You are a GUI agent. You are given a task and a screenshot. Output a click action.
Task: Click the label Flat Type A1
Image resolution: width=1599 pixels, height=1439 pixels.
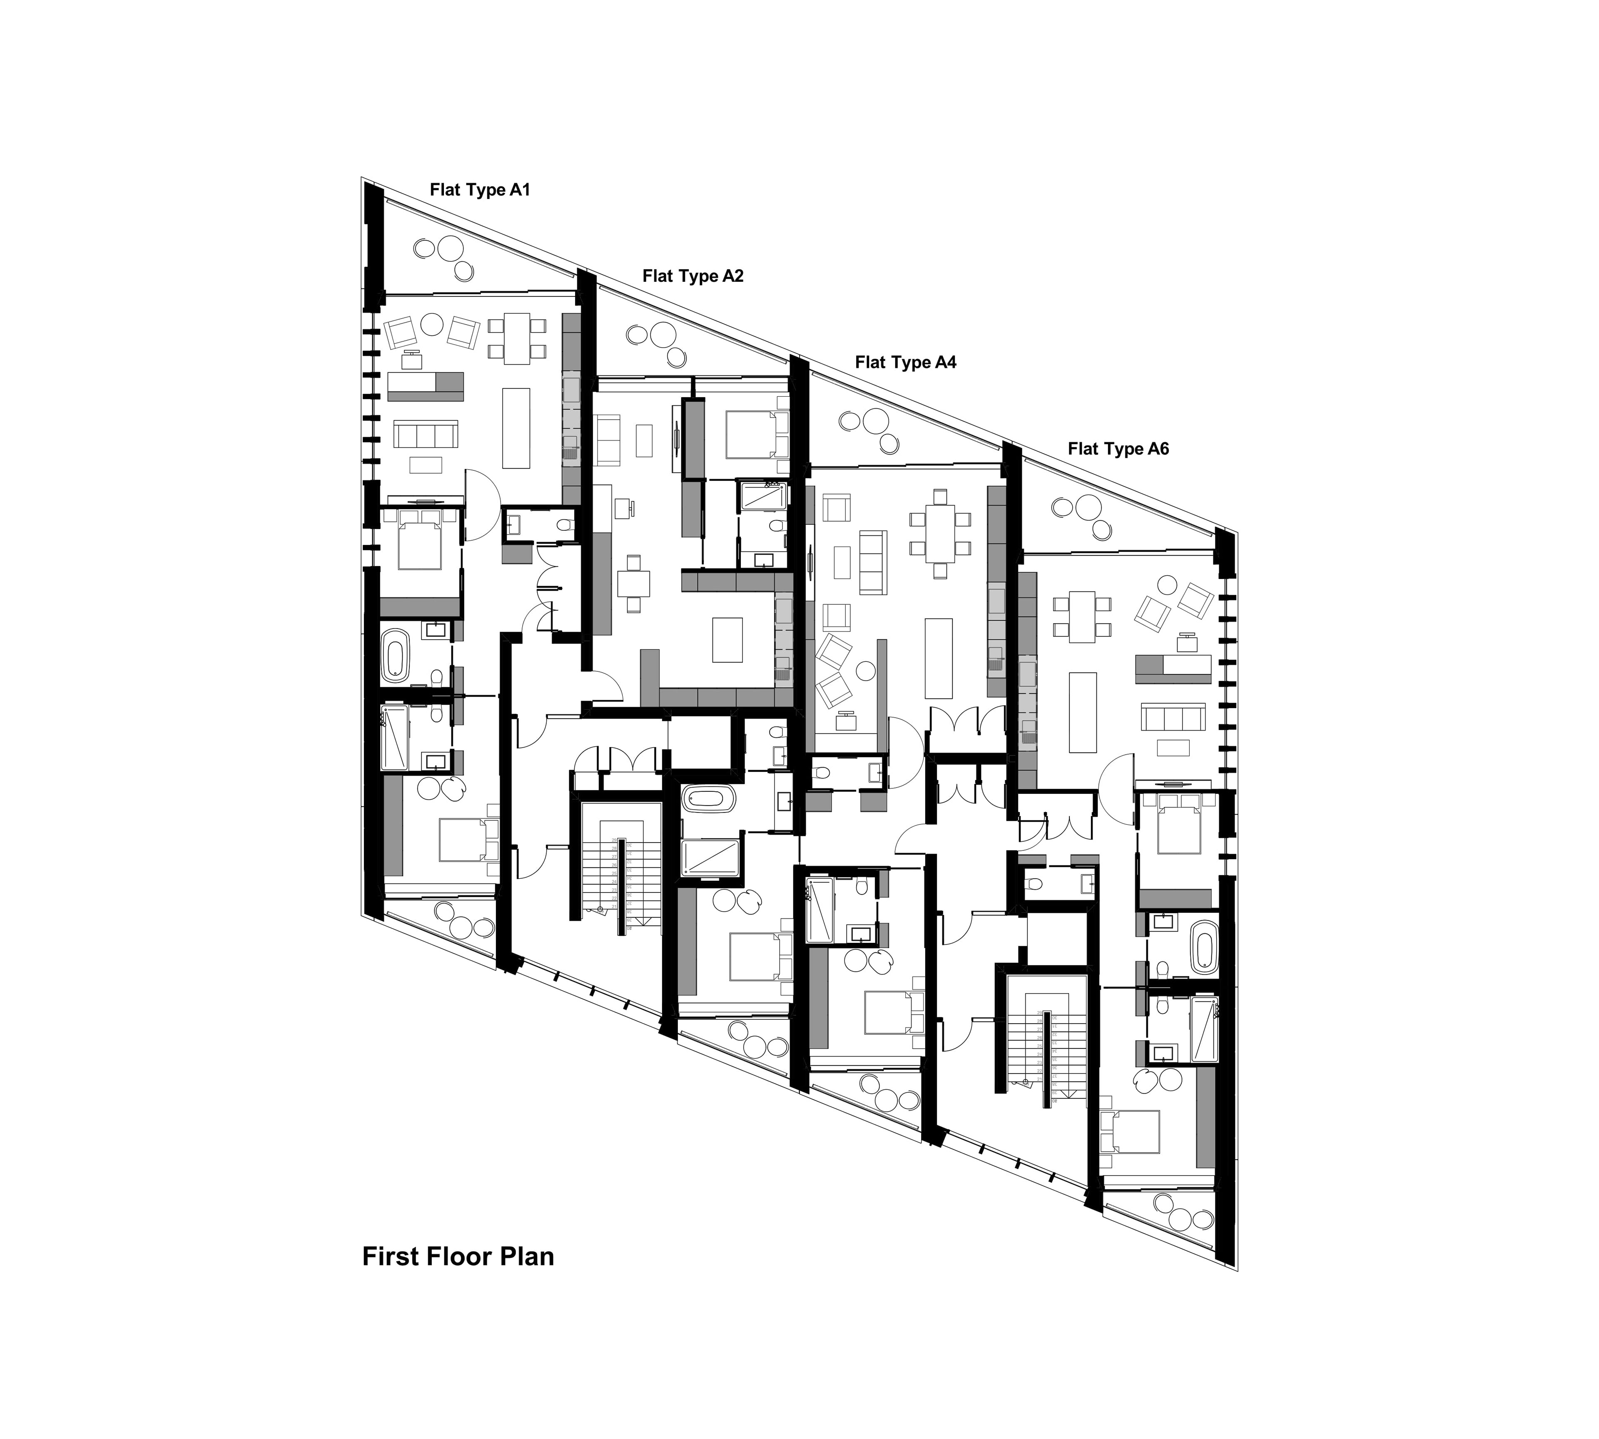click(479, 190)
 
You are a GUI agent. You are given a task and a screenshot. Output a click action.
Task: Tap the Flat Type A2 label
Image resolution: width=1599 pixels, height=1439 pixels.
click(693, 276)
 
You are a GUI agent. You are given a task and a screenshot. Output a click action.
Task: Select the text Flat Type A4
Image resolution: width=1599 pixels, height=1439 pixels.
click(905, 362)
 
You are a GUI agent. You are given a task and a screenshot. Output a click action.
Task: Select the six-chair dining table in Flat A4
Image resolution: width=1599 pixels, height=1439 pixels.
click(939, 534)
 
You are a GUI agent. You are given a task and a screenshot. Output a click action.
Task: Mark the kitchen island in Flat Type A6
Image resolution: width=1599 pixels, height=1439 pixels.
click(1083, 712)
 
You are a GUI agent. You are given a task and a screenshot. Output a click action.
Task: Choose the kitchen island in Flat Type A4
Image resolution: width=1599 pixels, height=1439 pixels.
click(939, 658)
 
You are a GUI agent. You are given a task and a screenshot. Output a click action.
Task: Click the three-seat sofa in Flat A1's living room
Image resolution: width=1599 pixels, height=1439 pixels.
click(426, 434)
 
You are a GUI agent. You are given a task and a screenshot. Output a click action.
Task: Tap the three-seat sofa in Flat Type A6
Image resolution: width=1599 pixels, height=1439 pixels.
click(1172, 718)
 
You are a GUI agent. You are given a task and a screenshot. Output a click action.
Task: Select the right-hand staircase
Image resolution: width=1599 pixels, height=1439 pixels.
click(1046, 1058)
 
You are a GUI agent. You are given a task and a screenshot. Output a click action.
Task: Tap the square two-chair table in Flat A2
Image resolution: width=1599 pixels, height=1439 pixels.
click(633, 583)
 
